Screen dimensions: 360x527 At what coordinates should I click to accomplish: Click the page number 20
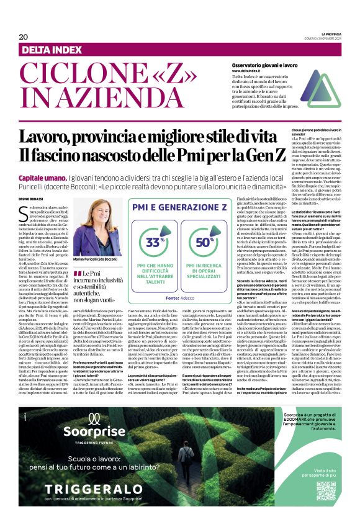pos(24,37)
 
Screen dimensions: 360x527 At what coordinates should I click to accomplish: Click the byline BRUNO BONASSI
pos(33,198)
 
